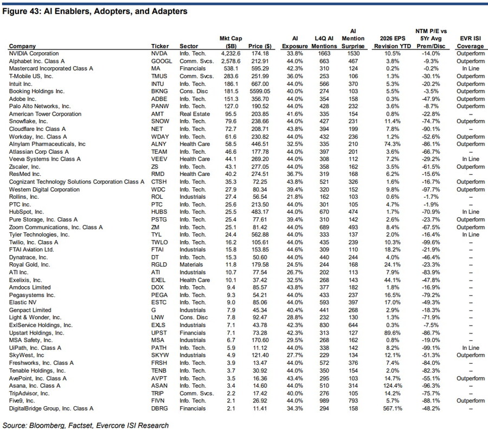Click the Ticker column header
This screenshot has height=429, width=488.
[x=159, y=47]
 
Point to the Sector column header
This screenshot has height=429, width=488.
[x=189, y=47]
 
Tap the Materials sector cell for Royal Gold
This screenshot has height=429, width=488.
[x=191, y=265]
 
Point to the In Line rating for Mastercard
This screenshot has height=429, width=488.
[x=471, y=69]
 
